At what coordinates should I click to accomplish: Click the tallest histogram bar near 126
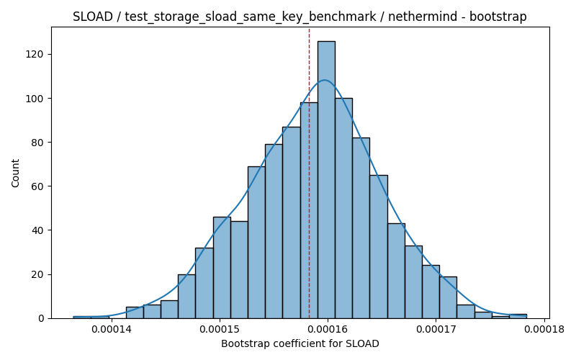tap(326, 179)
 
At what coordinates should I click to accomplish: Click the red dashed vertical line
tap(309, 173)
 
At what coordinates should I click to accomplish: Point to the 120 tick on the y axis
tap(50, 55)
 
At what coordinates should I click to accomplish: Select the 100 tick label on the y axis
tap(35, 99)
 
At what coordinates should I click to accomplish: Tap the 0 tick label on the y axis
tap(41, 318)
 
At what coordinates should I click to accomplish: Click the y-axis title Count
tap(15, 173)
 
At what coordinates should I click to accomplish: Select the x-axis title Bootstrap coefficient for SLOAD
tap(300, 344)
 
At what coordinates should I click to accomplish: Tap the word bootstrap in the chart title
tap(498, 17)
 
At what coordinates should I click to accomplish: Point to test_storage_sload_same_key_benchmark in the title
tap(251, 17)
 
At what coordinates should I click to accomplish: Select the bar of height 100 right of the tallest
tap(344, 208)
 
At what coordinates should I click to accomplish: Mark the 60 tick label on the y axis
tap(37, 186)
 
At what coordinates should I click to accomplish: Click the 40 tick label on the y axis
tap(37, 230)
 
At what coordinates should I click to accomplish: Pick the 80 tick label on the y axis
tap(37, 142)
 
